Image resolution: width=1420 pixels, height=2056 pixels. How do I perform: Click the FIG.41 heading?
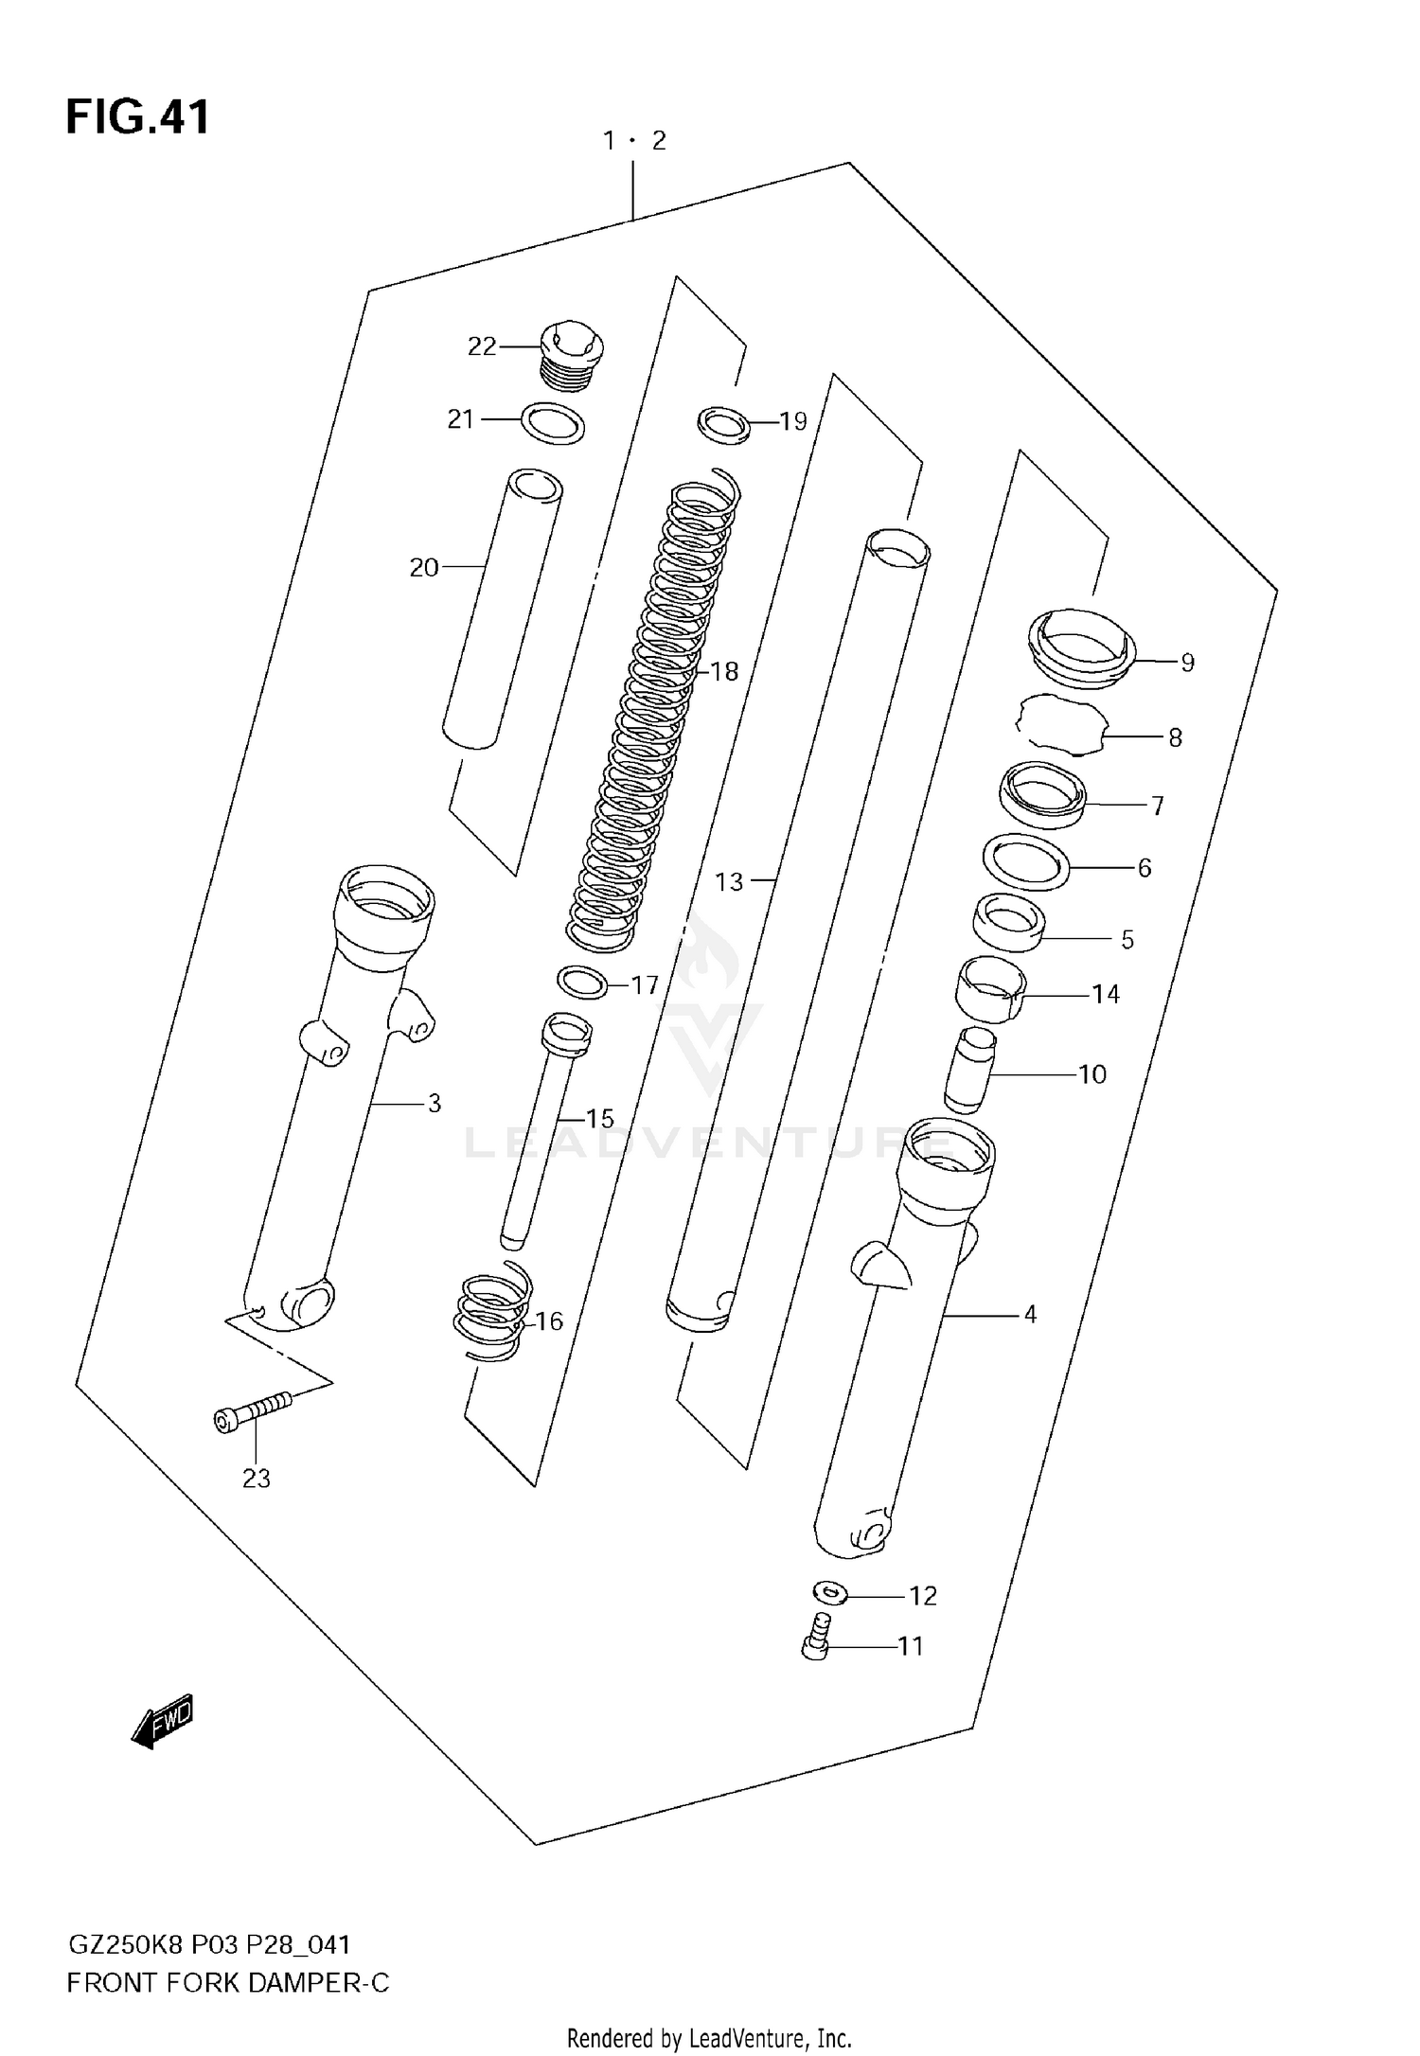pyautogui.click(x=137, y=118)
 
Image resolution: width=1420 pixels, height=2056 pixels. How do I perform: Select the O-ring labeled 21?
pyautogui.click(x=553, y=423)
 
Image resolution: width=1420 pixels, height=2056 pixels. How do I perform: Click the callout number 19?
pyautogui.click(x=793, y=421)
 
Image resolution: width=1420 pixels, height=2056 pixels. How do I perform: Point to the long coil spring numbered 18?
pyautogui.click(x=653, y=710)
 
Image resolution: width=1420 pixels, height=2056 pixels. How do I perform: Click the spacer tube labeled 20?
pyautogui.click(x=502, y=611)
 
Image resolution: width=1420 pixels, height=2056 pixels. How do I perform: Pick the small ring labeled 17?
pyautogui.click(x=582, y=983)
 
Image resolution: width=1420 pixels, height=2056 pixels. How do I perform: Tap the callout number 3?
pyautogui.click(x=435, y=1103)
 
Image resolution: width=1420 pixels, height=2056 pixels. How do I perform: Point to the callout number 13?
pyautogui.click(x=729, y=882)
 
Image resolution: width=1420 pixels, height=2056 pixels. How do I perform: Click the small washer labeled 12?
pyautogui.click(x=829, y=1594)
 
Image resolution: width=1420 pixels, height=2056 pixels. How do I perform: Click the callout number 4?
pyautogui.click(x=1030, y=1314)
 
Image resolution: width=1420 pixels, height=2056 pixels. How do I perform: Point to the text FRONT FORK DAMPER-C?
pyautogui.click(x=228, y=1983)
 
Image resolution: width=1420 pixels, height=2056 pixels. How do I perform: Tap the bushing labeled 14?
pyautogui.click(x=989, y=990)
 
